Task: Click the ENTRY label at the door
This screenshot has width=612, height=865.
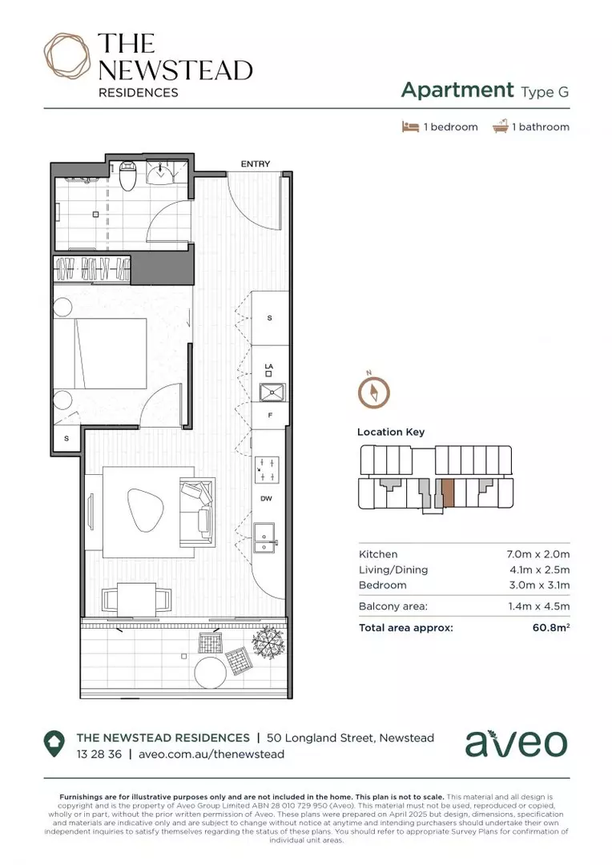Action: click(256, 164)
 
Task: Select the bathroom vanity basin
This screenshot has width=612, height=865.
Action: click(162, 171)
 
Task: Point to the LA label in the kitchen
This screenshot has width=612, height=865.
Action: click(269, 368)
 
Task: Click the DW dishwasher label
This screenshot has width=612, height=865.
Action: click(266, 498)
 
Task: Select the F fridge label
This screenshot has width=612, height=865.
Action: click(269, 416)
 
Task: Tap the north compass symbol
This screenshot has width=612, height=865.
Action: click(373, 392)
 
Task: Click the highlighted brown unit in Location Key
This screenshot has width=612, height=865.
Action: click(448, 493)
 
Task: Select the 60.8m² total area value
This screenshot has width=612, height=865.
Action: click(550, 628)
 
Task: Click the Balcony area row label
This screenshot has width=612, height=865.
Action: click(393, 606)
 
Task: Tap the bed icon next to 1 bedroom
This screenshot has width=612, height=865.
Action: click(410, 127)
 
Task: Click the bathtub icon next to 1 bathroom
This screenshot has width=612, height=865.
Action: click(500, 127)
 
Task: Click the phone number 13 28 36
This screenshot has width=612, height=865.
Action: click(99, 754)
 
